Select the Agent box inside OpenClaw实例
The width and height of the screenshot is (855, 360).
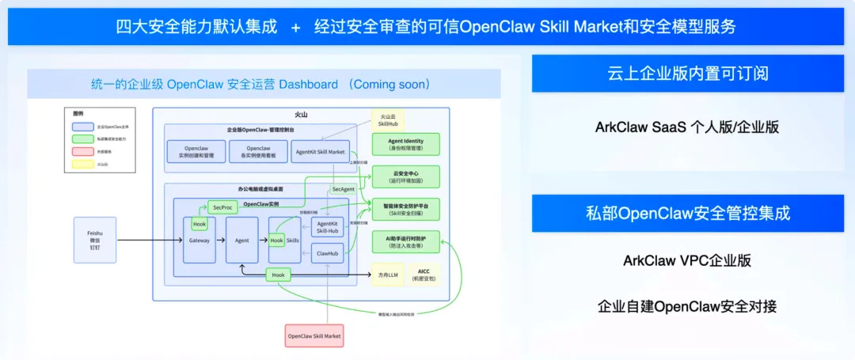(x=242, y=240)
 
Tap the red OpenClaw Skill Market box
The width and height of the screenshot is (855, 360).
(x=314, y=335)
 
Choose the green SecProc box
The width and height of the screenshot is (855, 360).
(x=222, y=207)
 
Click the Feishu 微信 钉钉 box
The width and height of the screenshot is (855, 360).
(x=95, y=240)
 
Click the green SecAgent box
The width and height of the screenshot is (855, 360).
(x=343, y=189)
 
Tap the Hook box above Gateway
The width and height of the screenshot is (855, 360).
(x=199, y=224)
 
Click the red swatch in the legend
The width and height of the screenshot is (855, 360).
(x=81, y=150)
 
